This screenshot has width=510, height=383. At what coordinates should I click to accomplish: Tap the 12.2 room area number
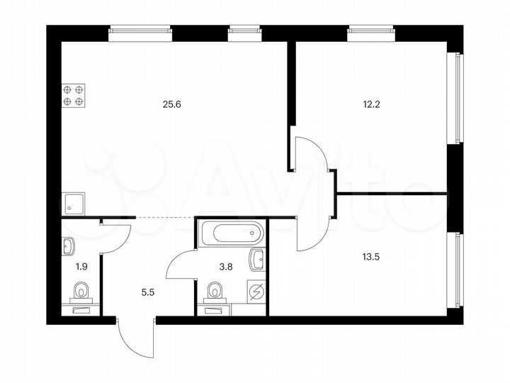tap(371, 104)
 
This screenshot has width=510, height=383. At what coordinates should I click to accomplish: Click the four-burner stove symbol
tap(74, 95)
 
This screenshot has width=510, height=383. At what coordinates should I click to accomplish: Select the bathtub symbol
tap(232, 233)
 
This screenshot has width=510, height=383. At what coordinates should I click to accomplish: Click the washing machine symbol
tap(256, 292)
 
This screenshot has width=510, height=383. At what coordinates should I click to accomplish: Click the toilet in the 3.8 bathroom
tap(214, 292)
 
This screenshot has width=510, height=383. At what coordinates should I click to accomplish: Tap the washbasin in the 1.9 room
tap(69, 246)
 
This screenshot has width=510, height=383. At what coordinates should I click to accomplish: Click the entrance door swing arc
tap(135, 339)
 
